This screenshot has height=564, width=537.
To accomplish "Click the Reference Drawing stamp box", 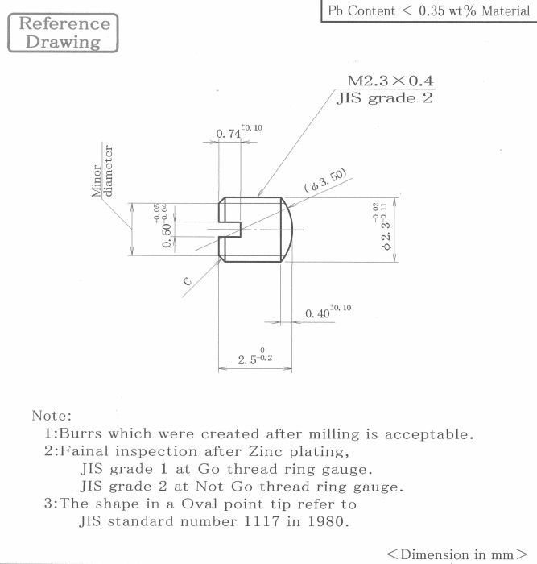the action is tap(63, 33).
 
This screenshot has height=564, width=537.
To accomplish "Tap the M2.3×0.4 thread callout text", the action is tap(390, 81).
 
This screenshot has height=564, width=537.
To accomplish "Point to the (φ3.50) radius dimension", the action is tap(325, 180).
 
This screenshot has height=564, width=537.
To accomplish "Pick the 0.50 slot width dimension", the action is tap(162, 226).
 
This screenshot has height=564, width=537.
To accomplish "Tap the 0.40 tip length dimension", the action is tap(328, 312).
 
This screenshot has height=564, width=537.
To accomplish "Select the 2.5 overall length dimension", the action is tap(255, 356).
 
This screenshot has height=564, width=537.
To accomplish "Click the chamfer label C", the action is tap(188, 281).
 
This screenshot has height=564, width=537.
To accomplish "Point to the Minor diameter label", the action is tap(102, 171).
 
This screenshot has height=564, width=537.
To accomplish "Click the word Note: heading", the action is tap(52, 416).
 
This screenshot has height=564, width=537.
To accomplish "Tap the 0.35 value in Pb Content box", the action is tap(432, 10).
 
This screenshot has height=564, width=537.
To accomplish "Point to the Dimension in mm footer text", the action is tap(456, 554).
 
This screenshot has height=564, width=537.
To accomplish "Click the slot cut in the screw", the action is tap(229, 229).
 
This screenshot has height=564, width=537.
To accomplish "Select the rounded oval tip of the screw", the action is tap(287, 230).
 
